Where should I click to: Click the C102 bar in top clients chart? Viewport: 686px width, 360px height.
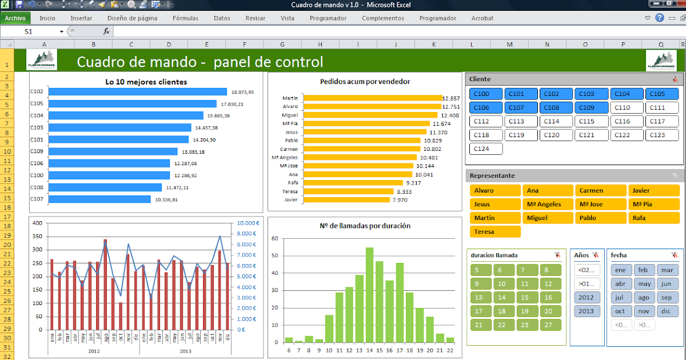138,91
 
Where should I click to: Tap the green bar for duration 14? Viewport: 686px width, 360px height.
369,295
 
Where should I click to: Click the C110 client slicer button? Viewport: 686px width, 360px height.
627,107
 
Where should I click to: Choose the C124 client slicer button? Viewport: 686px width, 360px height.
485,149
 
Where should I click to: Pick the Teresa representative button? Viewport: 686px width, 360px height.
494,231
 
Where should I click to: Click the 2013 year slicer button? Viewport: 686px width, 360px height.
587,311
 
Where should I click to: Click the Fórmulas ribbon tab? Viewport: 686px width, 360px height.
185,18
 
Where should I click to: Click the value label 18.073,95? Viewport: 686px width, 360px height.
242,92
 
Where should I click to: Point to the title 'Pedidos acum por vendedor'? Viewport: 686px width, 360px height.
365,81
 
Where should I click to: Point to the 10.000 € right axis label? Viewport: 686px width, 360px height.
249,223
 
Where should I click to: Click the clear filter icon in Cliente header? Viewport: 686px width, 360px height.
675,79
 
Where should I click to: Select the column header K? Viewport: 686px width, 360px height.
433,44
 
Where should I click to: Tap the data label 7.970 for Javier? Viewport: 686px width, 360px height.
400,200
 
